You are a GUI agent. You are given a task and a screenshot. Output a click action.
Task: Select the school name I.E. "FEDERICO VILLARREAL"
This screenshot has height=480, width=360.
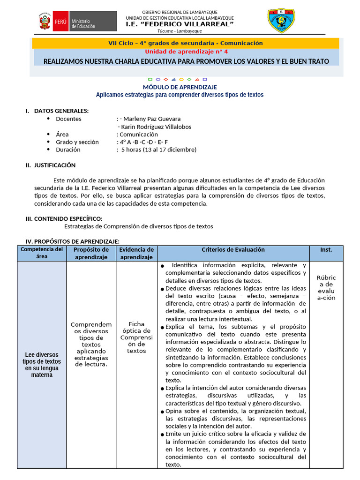tap(180, 24)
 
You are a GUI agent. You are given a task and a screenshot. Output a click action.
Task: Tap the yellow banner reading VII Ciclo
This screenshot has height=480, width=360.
tap(185, 43)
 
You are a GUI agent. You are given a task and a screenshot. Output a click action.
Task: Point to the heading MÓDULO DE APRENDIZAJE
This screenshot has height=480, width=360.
tap(180, 87)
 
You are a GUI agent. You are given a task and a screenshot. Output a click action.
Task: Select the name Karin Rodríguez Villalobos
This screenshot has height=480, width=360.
tap(154, 127)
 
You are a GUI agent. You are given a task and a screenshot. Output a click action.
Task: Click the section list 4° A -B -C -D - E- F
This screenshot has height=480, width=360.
tap(144, 142)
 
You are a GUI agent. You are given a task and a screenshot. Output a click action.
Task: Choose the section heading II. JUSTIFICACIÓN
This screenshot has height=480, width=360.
tap(50, 165)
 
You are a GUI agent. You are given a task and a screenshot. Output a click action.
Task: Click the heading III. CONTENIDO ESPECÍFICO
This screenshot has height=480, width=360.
tap(63, 218)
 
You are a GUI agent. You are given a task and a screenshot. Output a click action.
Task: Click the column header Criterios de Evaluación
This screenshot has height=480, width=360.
tap(233, 250)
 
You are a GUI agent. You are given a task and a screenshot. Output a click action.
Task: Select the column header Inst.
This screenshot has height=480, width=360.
tap(326, 250)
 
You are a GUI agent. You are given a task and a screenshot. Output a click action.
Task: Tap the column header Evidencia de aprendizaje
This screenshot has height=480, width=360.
tap(136, 253)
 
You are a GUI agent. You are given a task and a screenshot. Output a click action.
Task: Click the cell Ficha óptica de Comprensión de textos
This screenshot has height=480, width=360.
tap(136, 337)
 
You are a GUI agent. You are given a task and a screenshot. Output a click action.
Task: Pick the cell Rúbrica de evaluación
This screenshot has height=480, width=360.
tap(326, 287)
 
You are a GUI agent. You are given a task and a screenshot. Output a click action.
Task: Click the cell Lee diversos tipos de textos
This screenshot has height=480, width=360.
tap(42, 365)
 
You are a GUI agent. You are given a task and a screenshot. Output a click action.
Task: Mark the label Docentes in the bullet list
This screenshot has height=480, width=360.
tap(68, 119)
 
